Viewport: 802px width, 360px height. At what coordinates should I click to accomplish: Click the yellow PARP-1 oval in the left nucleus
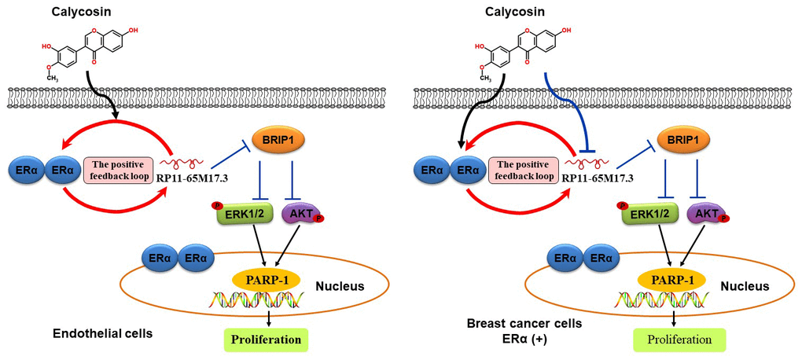pos(261,279)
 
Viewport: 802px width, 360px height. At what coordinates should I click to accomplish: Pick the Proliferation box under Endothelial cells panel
pos(265,340)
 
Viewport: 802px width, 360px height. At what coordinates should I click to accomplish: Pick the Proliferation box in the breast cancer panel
pos(679,340)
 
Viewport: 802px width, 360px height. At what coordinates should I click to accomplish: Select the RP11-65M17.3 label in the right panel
pos(598,178)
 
